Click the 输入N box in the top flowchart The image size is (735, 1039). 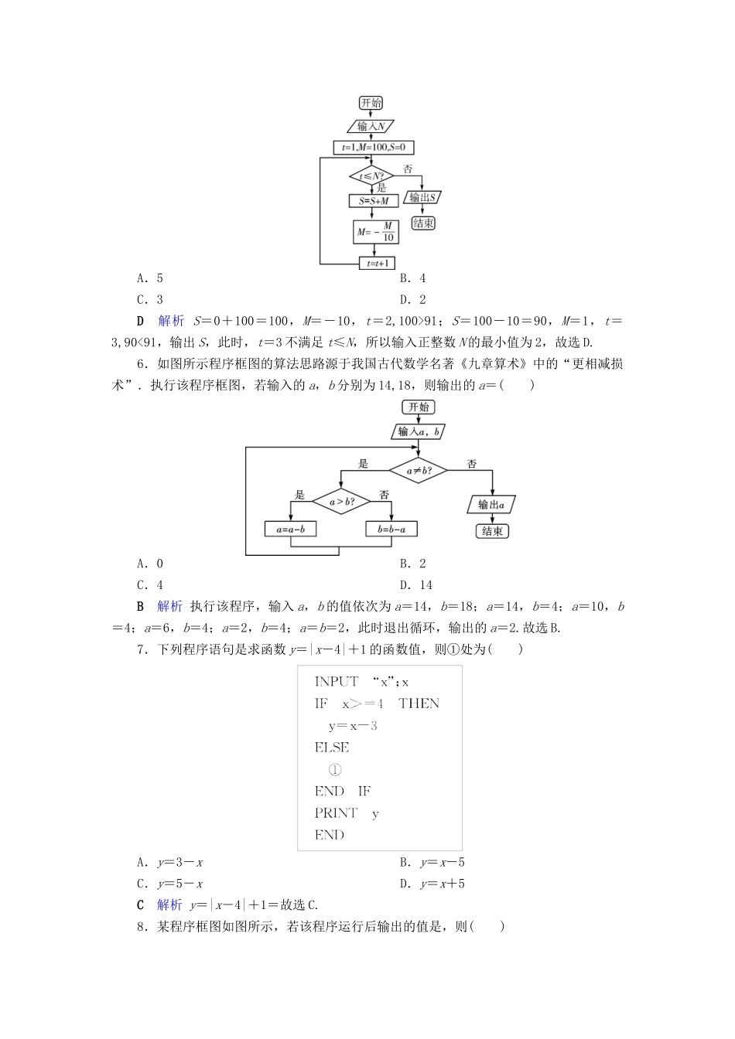371,126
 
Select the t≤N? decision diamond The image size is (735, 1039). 371,176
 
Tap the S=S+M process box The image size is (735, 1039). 374,201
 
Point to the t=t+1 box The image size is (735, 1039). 377,264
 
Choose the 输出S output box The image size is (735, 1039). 422,197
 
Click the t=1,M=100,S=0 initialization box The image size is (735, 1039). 374,147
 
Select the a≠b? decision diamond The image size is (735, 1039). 418,470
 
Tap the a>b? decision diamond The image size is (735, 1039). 341,502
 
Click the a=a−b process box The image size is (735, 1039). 291,530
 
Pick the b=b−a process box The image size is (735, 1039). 391,530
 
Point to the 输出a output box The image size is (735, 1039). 491,505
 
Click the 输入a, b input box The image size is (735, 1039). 419,432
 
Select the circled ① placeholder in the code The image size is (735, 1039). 334,769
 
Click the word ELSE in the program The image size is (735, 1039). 332,748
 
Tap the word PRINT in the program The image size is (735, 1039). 336,813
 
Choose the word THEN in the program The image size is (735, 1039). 419,703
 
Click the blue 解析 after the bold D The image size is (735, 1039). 171,321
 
